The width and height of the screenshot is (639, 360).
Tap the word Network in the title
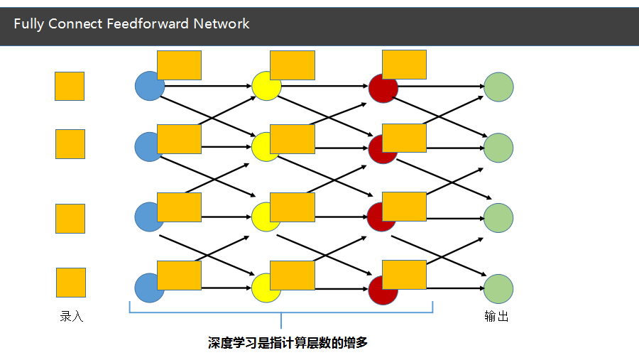pos(222,23)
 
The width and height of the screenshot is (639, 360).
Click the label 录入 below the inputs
pos(72,317)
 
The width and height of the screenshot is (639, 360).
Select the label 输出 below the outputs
pos(496,317)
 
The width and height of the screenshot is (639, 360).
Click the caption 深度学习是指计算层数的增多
pos(288,343)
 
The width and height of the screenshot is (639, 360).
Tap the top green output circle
pos(498,87)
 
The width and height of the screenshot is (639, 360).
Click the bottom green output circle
pos(498,289)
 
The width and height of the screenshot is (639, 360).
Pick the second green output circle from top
pos(498,148)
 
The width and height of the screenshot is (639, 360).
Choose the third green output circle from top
pos(498,218)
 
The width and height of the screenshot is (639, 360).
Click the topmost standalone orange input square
pos(70,86)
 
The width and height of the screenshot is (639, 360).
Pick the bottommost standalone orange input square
pos(71,282)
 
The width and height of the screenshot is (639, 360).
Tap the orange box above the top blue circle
pos(179,65)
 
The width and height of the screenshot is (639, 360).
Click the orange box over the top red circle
pos(404,64)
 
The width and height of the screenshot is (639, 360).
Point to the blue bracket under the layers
pos(281,313)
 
